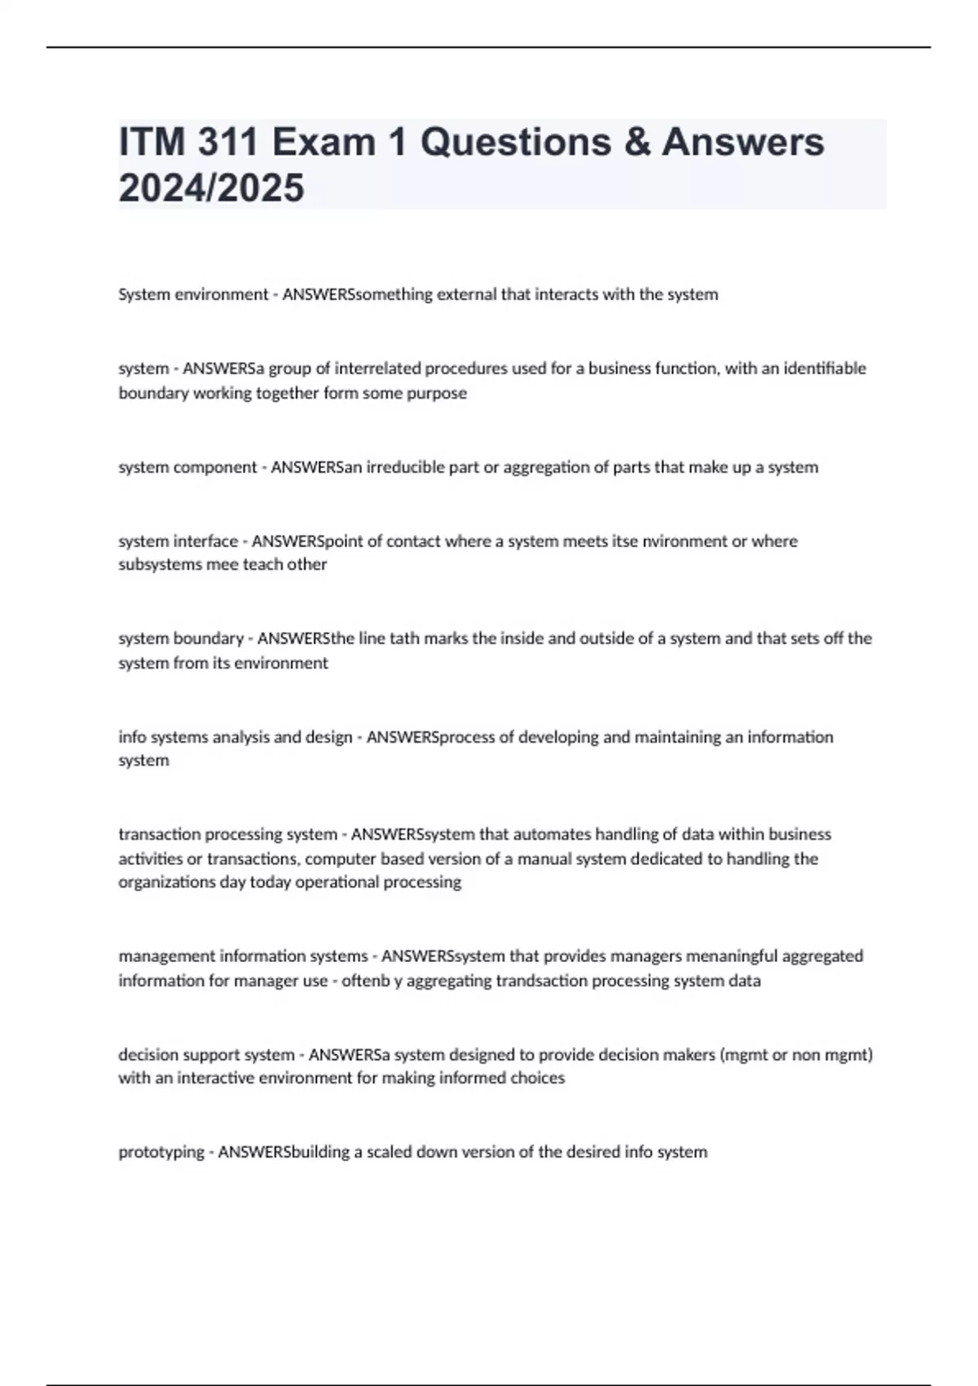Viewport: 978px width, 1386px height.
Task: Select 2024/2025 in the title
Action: (x=212, y=188)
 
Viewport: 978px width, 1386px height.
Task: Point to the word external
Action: (x=466, y=294)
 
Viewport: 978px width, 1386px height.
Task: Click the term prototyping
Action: (x=161, y=1152)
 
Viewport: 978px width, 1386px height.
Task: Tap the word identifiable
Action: (x=824, y=369)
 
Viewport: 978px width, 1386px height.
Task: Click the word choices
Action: (x=537, y=1078)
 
